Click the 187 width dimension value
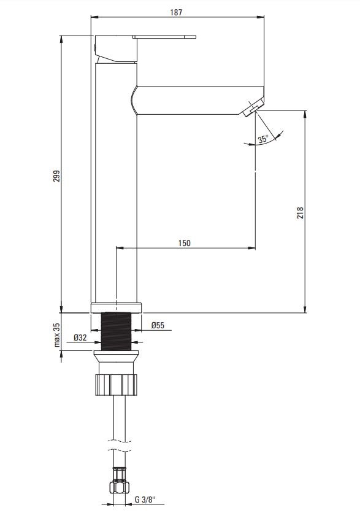point(176,12)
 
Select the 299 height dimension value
point(57,176)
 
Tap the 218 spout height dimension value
point(300,213)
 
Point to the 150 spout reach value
point(184,243)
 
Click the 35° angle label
point(263,139)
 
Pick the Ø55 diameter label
point(158,325)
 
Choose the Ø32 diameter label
point(80,337)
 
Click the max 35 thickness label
point(57,334)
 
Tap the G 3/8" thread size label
point(145,499)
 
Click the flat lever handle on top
point(164,37)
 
